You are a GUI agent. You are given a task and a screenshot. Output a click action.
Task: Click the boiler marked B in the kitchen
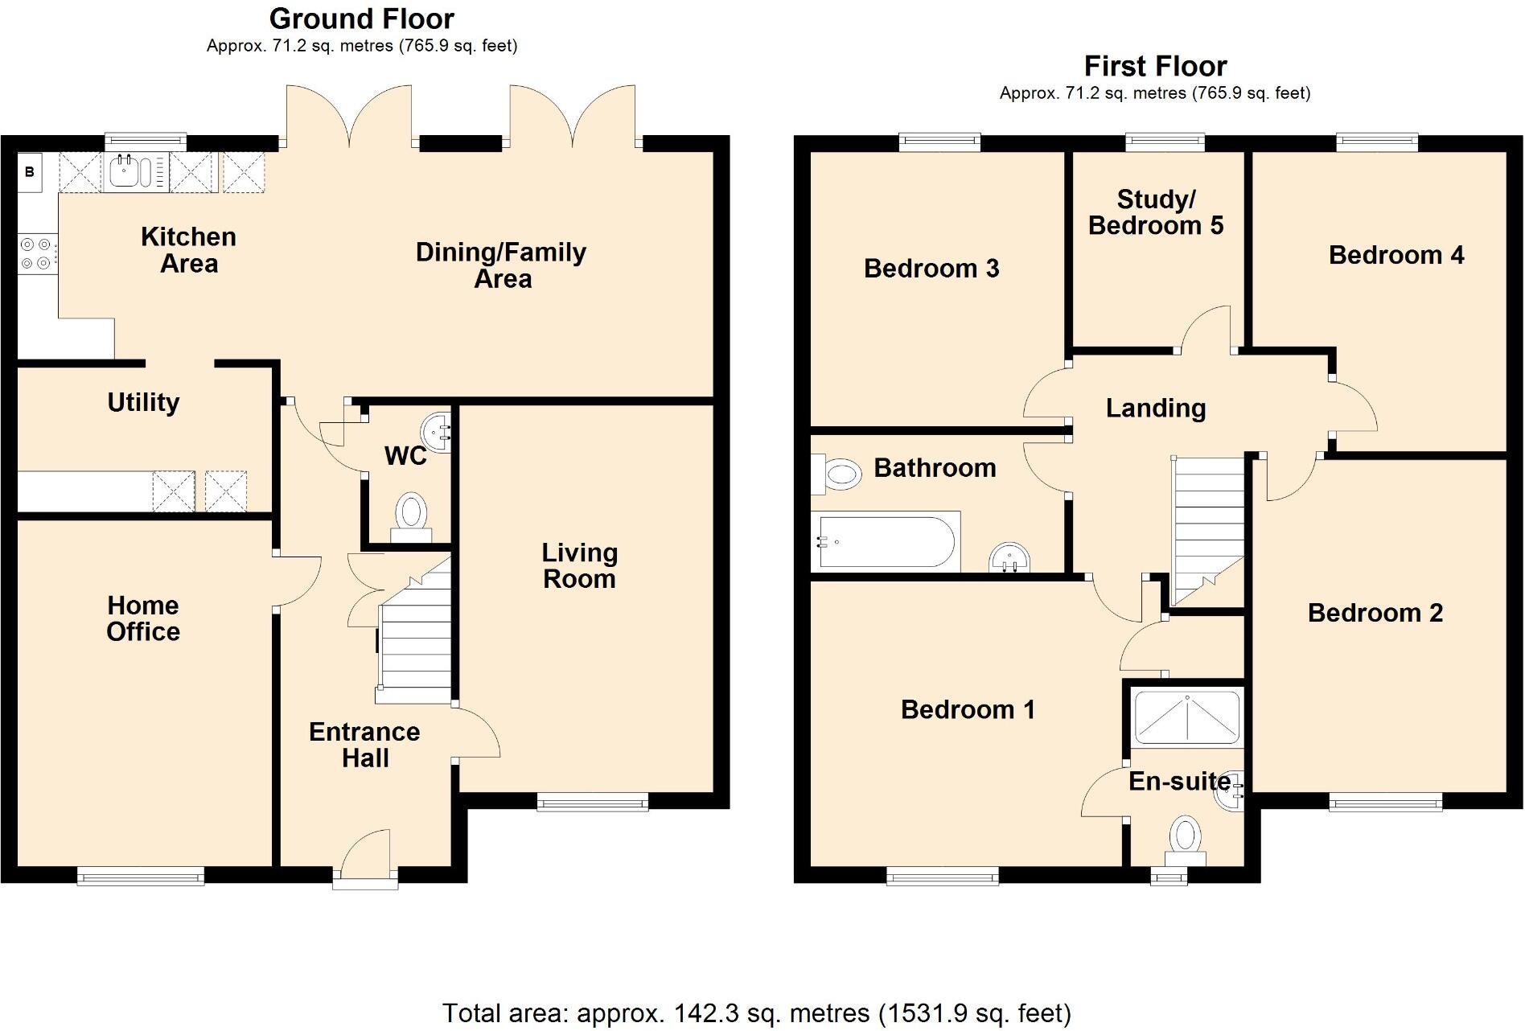click(x=30, y=171)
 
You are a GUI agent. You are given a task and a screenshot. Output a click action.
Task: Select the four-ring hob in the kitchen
click(x=37, y=253)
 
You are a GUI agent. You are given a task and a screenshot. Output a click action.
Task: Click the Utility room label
click(x=143, y=402)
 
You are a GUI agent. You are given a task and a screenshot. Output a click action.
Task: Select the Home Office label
click(x=143, y=618)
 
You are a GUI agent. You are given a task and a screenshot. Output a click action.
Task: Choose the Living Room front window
click(x=593, y=801)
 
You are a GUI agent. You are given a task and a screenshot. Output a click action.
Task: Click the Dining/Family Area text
click(x=501, y=265)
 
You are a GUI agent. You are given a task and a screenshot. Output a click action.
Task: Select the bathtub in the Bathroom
click(x=885, y=542)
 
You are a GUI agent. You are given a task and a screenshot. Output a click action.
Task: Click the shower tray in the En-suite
click(x=1186, y=716)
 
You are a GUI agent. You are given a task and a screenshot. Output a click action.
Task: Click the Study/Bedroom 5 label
click(x=1156, y=212)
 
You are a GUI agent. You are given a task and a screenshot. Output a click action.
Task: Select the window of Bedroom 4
click(x=1377, y=143)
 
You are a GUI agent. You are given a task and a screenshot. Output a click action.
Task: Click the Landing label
click(x=1156, y=409)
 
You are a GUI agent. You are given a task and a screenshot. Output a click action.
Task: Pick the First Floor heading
click(x=1155, y=66)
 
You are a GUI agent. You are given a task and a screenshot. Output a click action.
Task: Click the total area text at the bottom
click(x=756, y=1013)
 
